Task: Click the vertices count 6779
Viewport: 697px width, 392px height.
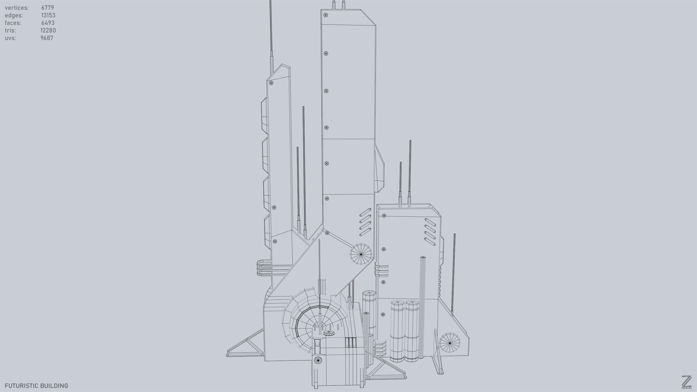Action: point(48,8)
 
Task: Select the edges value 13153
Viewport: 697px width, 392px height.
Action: point(48,15)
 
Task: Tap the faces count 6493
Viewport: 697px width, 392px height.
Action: point(48,23)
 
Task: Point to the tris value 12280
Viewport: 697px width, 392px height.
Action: point(48,30)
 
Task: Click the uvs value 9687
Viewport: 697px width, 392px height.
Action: point(47,38)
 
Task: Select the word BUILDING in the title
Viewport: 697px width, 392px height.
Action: point(57,386)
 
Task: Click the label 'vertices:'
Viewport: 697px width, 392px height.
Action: point(17,8)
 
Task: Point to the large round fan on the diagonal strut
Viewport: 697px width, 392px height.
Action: point(361,254)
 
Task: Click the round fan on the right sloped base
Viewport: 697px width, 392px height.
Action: point(449,343)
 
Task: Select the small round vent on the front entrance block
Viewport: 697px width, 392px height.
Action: point(318,360)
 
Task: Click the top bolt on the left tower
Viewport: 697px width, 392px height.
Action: point(271,83)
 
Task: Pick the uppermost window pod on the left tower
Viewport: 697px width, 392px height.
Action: point(265,115)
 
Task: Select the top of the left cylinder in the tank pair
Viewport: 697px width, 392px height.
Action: point(397,302)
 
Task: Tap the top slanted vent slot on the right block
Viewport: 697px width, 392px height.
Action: point(430,222)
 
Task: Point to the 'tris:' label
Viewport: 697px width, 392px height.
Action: point(10,30)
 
